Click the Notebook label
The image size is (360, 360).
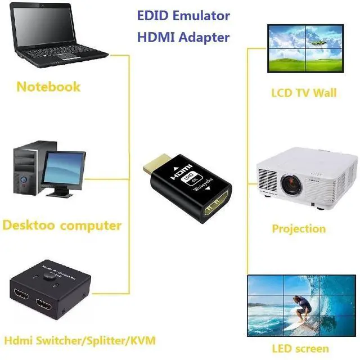point(48,87)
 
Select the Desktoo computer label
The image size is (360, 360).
point(62,226)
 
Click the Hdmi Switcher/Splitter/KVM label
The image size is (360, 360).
point(79,340)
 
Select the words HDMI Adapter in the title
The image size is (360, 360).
point(183,37)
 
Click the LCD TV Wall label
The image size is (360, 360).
point(303,92)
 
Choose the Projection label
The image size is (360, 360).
point(299,228)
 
